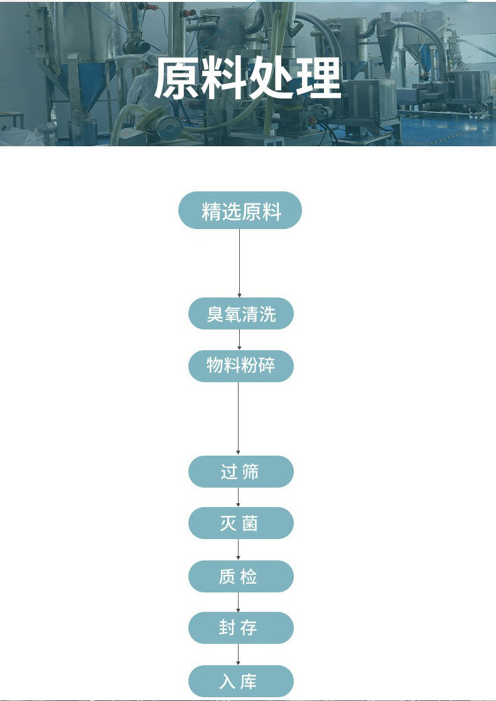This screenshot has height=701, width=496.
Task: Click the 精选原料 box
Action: pos(240,211)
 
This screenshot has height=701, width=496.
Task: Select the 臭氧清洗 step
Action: pos(240,314)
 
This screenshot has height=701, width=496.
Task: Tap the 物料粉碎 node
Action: pos(240,366)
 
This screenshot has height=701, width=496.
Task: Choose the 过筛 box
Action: pos(240,472)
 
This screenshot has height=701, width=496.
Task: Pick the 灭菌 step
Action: pos(240,523)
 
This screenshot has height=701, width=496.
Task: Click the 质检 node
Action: pos(240,576)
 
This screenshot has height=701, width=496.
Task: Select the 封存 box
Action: pos(240,628)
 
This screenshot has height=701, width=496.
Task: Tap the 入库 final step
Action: pos(240,682)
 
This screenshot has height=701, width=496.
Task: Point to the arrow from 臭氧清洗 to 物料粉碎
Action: pos(239,340)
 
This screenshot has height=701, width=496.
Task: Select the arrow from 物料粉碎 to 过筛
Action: pos(238,418)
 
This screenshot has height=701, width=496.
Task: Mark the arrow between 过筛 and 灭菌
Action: pos(239,497)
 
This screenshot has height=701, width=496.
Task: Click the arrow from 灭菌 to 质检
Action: pos(239,549)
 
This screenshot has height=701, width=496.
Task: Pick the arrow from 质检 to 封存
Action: pos(239,602)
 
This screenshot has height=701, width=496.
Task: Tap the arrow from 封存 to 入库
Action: pos(239,655)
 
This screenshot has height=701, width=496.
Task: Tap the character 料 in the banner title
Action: pos(225,79)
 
